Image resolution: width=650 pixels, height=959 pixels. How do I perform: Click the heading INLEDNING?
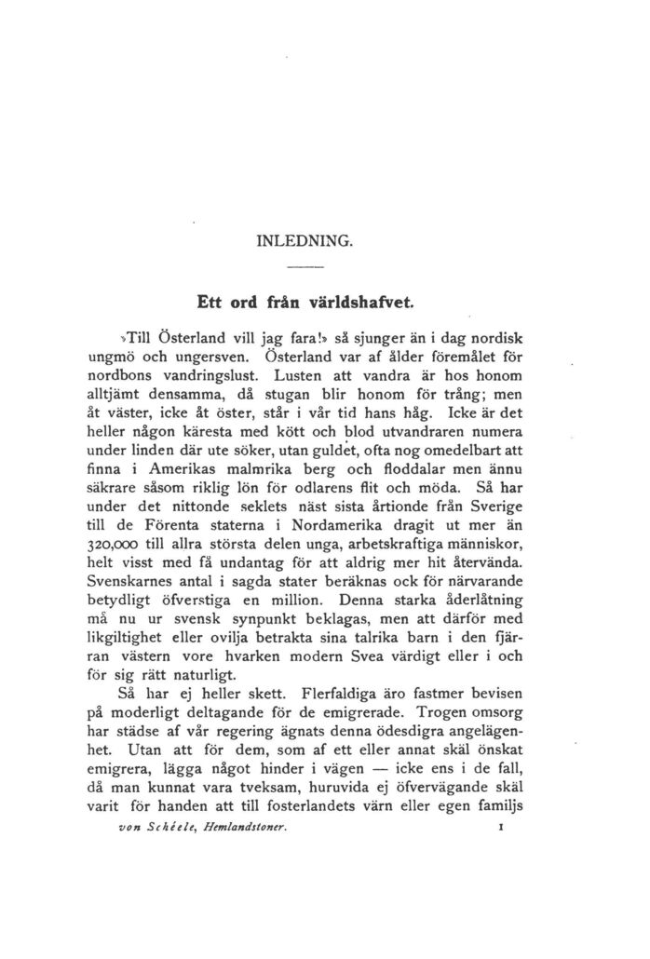tap(305, 240)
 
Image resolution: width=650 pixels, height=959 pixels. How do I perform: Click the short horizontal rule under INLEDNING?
tap(305, 268)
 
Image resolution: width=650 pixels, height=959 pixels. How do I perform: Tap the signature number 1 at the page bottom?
tap(500, 827)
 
